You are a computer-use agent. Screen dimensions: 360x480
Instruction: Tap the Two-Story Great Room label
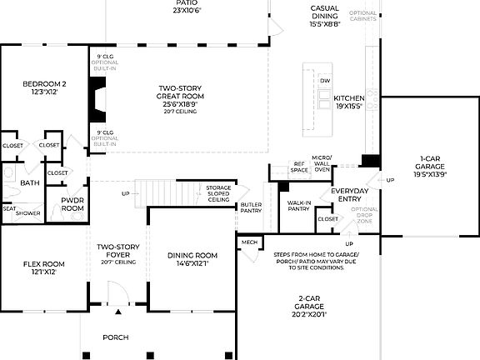pos(182,97)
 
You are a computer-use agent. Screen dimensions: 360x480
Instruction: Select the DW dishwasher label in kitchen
pos(325,81)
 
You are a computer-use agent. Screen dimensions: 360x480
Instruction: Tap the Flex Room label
pos(43,267)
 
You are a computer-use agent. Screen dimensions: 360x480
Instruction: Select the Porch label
pos(116,337)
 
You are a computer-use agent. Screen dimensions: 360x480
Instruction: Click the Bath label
pos(29,183)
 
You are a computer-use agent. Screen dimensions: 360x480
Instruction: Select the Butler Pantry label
pos(251,208)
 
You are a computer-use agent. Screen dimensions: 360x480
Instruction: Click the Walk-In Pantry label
pos(298,205)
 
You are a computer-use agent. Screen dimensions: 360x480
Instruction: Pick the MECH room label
pos(248,242)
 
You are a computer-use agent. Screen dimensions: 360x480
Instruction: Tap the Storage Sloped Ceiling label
pos(218,194)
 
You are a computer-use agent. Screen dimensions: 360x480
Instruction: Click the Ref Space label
pos(298,167)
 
